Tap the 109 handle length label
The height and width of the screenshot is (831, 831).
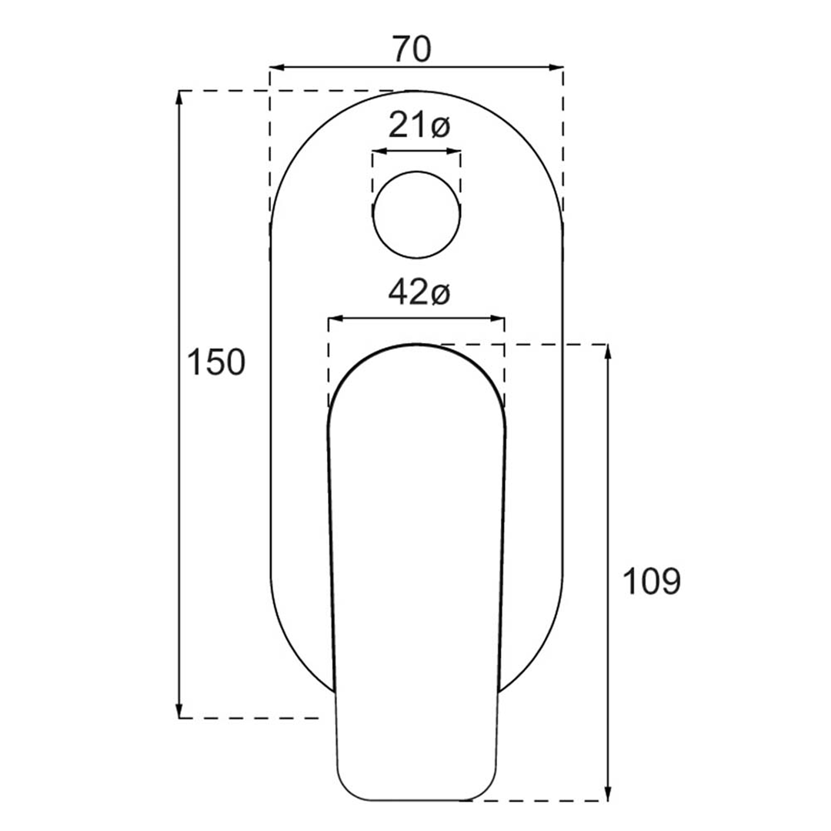coord(652,581)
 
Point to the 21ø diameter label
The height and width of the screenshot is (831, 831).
coord(419,126)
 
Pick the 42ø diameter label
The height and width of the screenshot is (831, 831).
coord(419,292)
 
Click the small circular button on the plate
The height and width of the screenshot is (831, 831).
coord(416,215)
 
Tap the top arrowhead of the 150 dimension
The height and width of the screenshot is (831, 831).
coord(179,98)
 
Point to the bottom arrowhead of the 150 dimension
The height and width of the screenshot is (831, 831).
coord(179,710)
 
